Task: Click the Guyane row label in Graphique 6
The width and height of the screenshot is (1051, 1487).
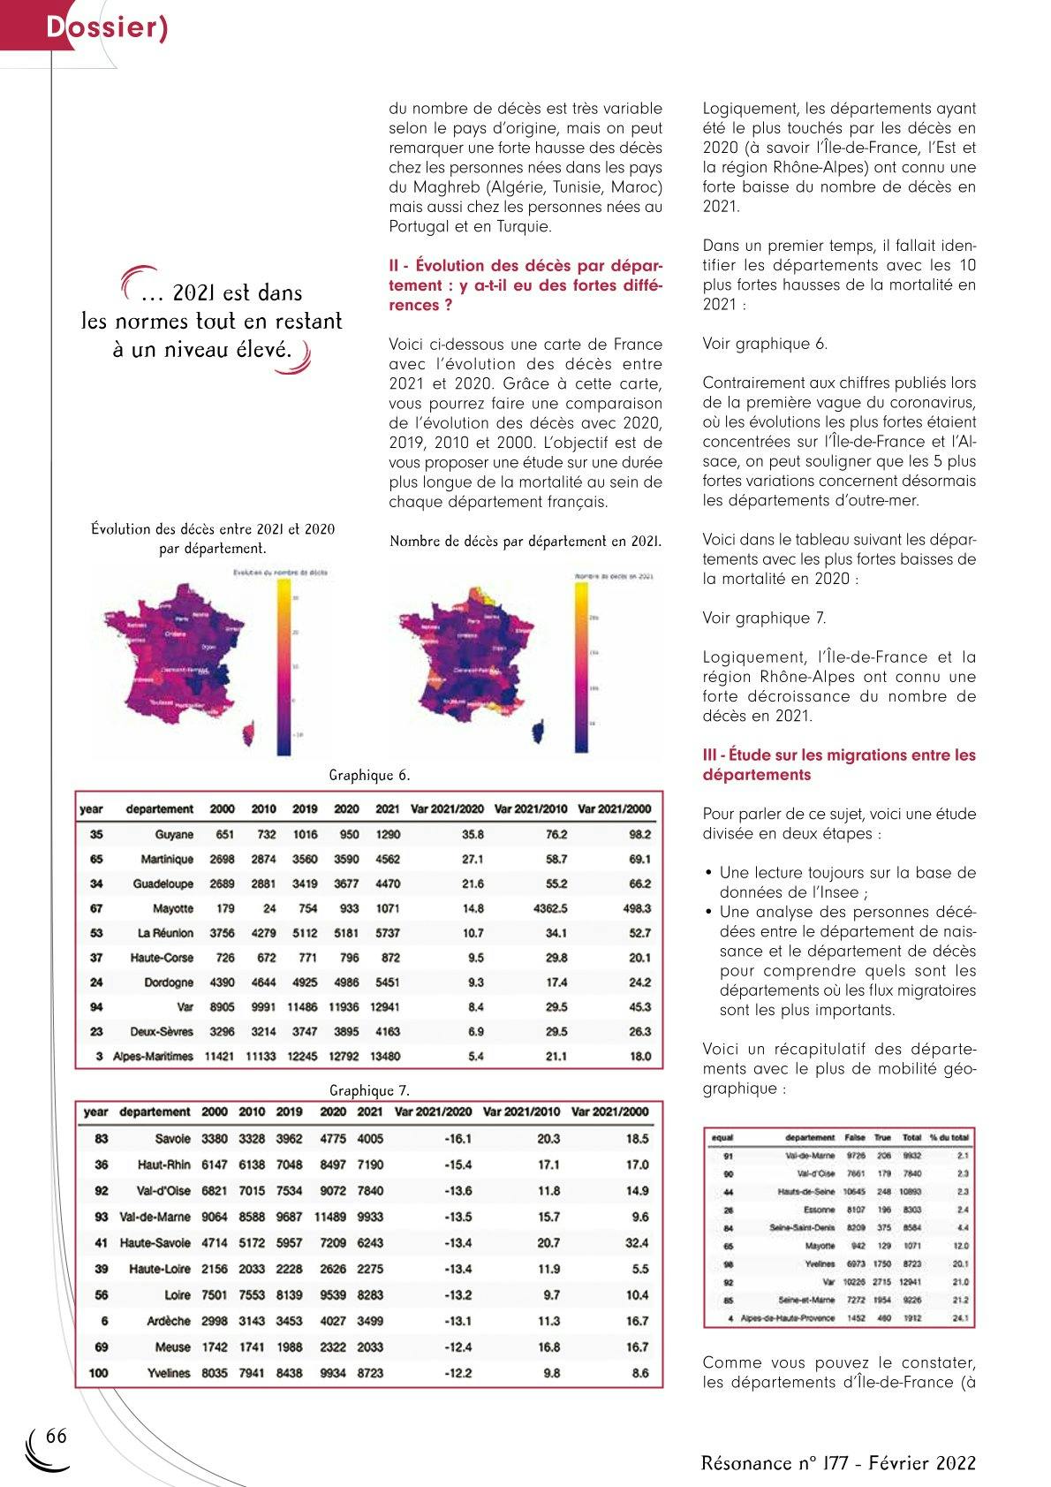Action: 174,834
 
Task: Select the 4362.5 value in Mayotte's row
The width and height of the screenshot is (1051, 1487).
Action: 551,908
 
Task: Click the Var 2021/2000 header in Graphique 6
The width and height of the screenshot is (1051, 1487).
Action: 614,808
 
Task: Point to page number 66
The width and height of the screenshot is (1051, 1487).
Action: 57,1436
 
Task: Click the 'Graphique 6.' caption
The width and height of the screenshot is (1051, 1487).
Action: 369,776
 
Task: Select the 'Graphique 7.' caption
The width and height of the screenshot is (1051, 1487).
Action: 369,1090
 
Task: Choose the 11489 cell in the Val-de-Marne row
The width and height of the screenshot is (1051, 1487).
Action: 332,1217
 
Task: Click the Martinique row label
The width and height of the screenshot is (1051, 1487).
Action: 167,859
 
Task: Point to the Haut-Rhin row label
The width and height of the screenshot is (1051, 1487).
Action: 164,1165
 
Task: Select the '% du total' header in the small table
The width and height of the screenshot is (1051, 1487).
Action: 949,1138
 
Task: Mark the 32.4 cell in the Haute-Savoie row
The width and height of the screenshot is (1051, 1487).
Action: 637,1242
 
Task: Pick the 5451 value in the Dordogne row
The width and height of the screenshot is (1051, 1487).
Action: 388,982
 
